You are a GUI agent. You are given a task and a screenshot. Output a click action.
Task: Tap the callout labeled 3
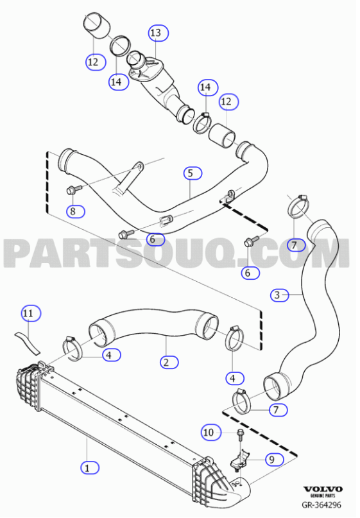click(277, 295)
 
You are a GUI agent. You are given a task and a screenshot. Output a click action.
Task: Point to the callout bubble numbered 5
click(191, 173)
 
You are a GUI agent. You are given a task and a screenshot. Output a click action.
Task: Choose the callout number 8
click(73, 211)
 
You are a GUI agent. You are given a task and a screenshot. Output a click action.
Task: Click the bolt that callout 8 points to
click(71, 189)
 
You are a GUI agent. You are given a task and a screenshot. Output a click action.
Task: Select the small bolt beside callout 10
click(239, 436)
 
